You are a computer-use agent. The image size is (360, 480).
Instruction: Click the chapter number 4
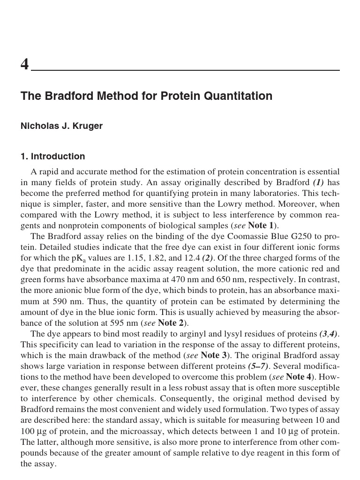tap(24, 64)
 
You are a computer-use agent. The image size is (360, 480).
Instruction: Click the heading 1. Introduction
tap(52, 157)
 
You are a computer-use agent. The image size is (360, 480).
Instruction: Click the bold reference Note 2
tap(167, 323)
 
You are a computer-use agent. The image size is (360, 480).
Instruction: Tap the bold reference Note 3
tap(210, 355)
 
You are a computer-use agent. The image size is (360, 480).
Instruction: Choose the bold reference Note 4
tap(295, 377)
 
